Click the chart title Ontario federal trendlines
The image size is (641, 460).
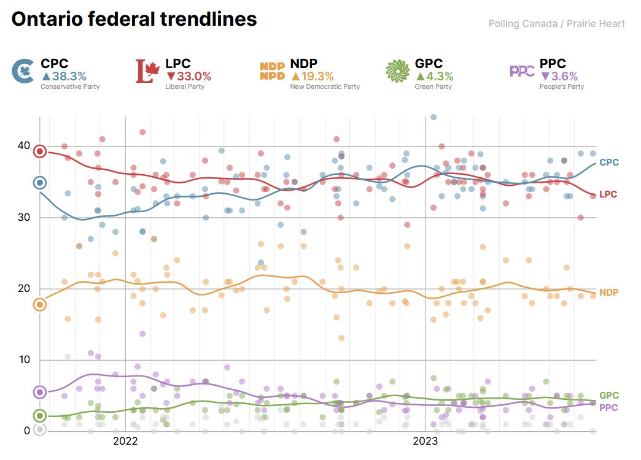134,20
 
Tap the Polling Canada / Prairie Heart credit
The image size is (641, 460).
556,24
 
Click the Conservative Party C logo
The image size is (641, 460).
23,71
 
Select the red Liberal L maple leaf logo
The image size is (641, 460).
147,71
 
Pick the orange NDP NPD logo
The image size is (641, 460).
272,71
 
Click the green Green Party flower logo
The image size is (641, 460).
397,71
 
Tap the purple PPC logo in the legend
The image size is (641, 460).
522,71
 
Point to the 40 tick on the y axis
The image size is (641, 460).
23,146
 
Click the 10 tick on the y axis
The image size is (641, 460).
23,359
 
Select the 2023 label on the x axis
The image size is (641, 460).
425,440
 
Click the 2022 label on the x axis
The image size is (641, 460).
125,440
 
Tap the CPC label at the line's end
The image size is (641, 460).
608,162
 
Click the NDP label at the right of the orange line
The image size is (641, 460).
608,292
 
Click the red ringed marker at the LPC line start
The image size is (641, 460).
40,151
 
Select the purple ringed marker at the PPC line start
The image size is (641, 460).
40,392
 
